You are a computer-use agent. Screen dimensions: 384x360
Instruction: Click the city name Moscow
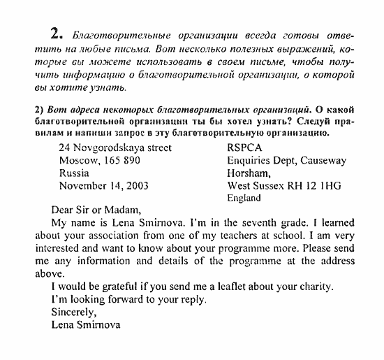click(x=79, y=160)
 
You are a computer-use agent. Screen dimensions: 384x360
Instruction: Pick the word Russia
click(x=74, y=173)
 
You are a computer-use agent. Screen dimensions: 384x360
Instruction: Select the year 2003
click(x=136, y=186)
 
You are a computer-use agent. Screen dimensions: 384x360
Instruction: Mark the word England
click(x=244, y=198)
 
